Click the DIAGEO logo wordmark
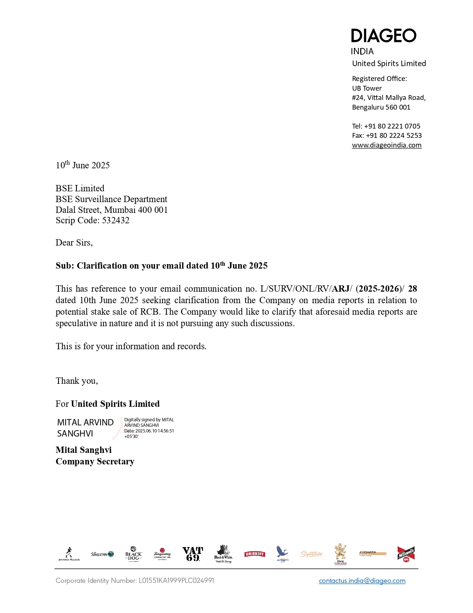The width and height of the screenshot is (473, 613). (x=383, y=36)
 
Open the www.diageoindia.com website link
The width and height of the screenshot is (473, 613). (x=387, y=145)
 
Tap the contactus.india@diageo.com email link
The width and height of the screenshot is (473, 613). (x=362, y=581)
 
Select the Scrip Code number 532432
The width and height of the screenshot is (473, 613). (x=116, y=220)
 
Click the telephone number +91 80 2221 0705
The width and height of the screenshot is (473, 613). (x=392, y=126)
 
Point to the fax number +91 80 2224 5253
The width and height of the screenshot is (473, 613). (x=394, y=136)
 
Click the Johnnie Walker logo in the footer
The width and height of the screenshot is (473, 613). (x=69, y=554)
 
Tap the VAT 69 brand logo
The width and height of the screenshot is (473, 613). (x=193, y=554)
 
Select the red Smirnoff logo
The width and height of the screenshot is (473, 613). (x=254, y=554)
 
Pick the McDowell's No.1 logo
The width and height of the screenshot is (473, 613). (x=406, y=554)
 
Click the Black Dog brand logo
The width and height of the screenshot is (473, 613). (x=134, y=554)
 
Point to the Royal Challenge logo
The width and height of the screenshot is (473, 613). (x=340, y=554)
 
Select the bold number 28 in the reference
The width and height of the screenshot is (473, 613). (x=412, y=289)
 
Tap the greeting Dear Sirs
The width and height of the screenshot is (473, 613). (x=74, y=243)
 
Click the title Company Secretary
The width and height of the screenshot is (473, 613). (x=95, y=461)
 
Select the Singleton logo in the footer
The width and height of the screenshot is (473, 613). (x=102, y=554)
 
